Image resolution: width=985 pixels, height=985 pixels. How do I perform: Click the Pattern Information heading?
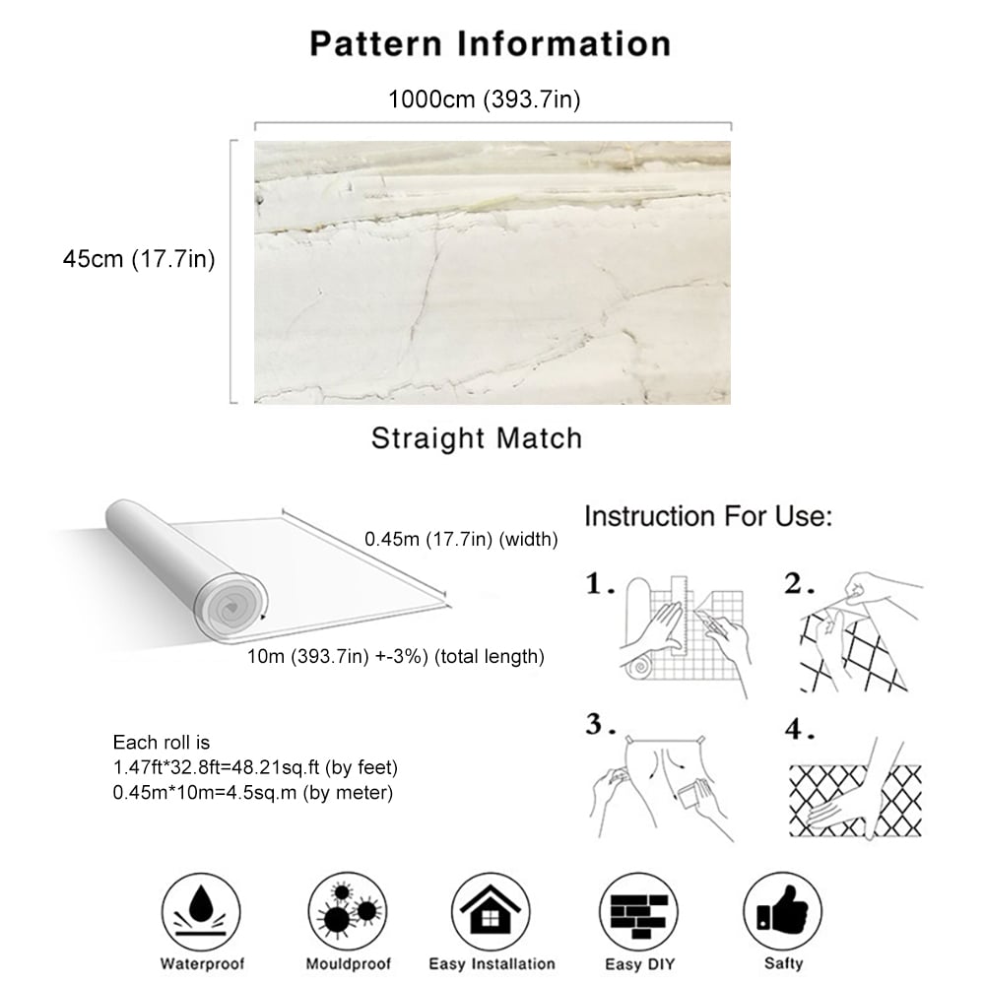pos(491,43)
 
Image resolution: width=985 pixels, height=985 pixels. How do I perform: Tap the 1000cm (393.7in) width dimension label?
pos(490,99)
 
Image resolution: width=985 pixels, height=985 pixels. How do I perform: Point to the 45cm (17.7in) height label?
pos(139,259)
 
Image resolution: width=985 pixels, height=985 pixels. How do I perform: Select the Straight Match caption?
pos(476,437)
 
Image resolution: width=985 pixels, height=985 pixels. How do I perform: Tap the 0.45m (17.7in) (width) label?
pos(461,539)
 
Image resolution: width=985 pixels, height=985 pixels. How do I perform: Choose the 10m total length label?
pos(397,656)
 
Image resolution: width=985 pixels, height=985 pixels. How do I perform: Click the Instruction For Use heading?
pos(709,515)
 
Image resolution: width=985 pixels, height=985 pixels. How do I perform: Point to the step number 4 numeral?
pos(799,731)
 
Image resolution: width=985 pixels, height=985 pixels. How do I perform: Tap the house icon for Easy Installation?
pos(492,907)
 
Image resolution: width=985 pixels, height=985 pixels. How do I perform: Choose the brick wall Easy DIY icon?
pos(636,907)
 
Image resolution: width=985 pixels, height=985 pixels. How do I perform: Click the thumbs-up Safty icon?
pos(782,907)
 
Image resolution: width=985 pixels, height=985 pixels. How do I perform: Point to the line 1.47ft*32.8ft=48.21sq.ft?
pos(255,767)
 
